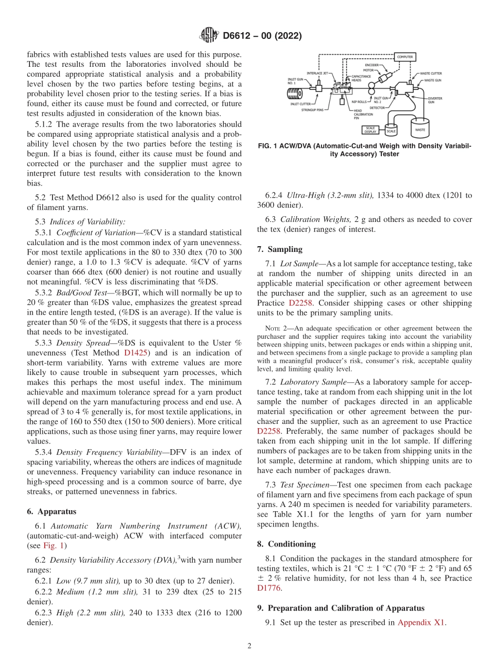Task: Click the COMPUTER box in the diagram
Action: [x=404, y=56]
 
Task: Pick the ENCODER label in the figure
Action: [x=371, y=65]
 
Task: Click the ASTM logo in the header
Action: [x=207, y=36]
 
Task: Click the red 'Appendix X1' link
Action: [x=421, y=622]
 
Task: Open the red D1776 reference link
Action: [x=269, y=588]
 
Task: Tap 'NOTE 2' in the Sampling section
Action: [x=276, y=328]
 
